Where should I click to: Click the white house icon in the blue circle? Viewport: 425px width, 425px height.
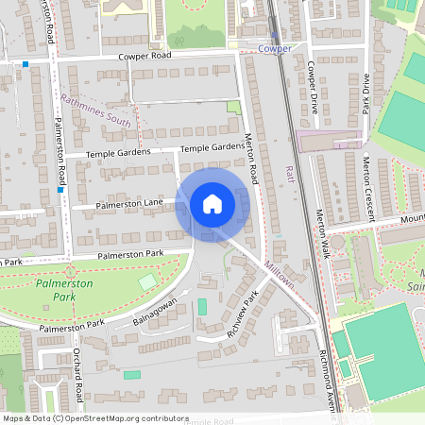tap(212, 204)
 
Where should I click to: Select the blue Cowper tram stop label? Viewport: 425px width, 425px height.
tap(275, 48)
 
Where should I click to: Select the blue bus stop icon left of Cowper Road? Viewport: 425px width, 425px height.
tap(25, 65)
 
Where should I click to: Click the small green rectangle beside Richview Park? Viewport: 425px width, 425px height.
tap(202, 308)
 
